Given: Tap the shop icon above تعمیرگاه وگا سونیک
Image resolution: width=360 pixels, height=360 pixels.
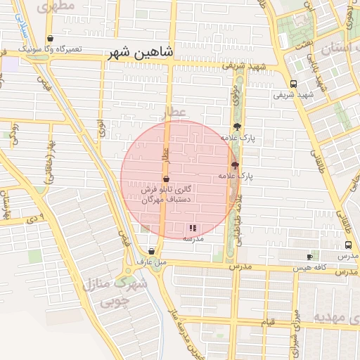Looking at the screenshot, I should pos(49,39).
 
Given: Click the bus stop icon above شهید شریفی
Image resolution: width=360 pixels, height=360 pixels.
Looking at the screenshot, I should pos(293,84).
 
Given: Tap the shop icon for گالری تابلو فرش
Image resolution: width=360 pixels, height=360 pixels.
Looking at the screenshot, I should pos(165,179).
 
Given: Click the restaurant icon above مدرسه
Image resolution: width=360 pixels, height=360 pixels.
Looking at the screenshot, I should pos(193,228).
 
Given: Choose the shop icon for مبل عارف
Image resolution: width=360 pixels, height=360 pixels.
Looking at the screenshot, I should pos(152,251).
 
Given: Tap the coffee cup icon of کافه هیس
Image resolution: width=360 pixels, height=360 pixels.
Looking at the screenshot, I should pos(309,257).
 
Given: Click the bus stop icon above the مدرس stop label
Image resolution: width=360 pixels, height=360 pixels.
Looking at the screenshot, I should pos(348,245).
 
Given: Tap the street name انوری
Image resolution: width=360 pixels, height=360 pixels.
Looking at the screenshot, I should pos(102,129).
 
